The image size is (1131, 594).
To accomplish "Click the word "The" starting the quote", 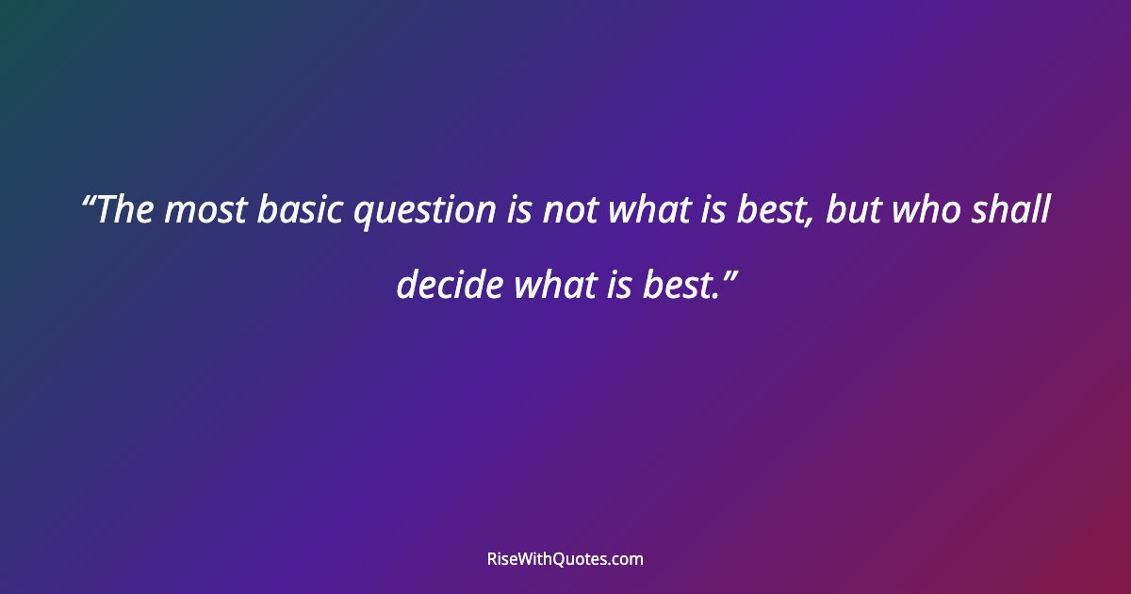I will (x=124, y=210).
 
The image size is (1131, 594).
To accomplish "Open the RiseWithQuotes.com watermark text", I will (x=565, y=559).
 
